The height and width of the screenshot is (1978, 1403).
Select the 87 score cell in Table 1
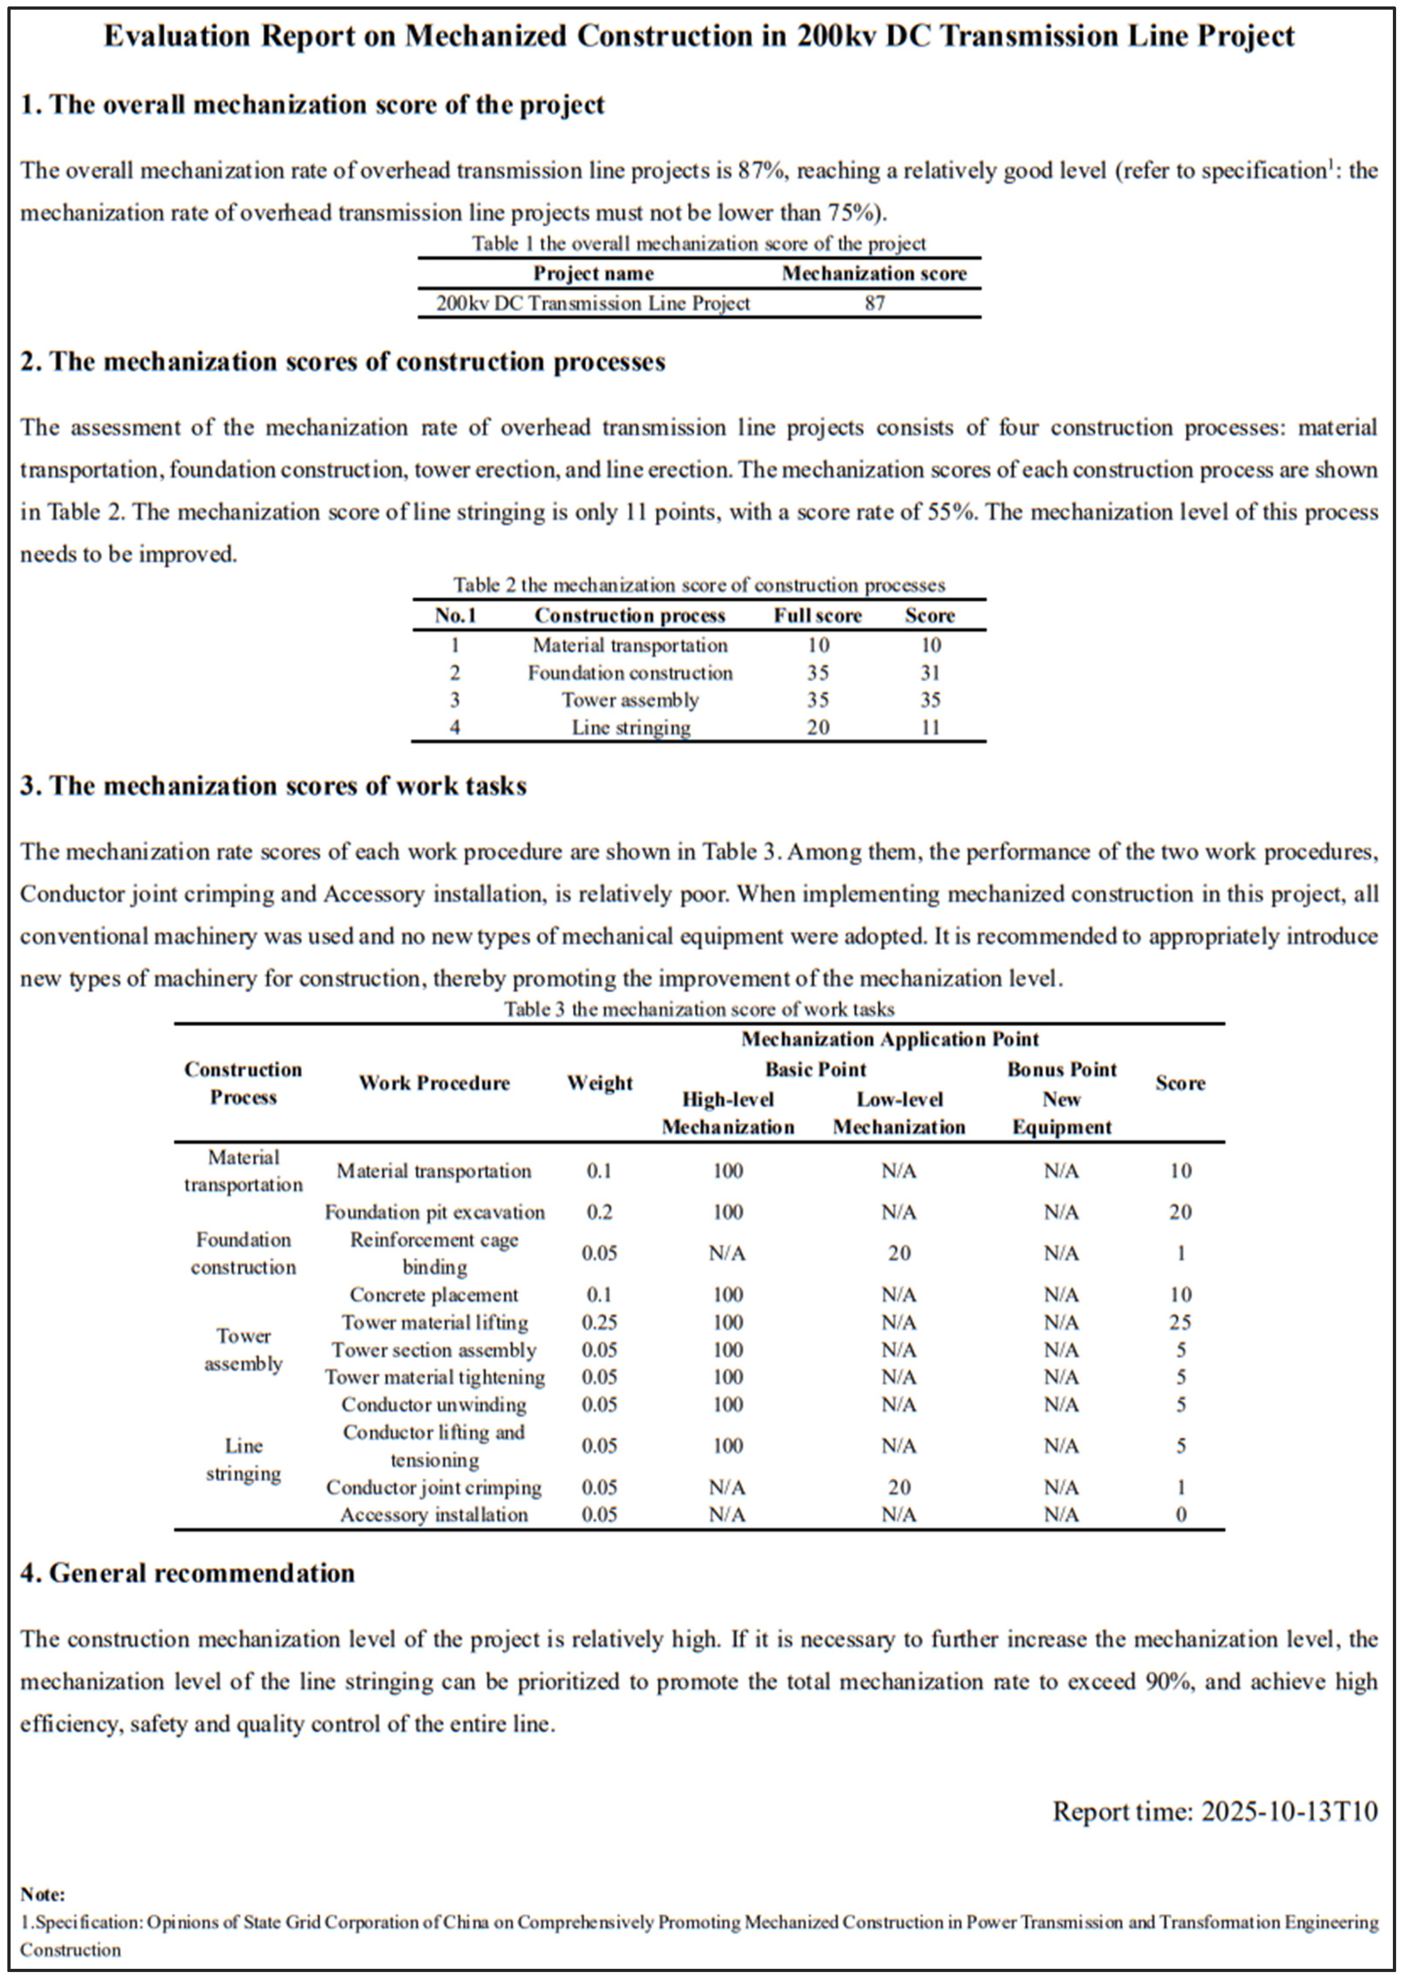click(x=874, y=303)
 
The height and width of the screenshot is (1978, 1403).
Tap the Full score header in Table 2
click(x=817, y=616)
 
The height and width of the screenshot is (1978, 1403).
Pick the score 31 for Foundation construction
click(x=930, y=673)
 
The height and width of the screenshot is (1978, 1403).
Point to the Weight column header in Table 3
click(x=599, y=1083)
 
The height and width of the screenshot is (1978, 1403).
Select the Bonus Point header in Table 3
click(x=1062, y=1069)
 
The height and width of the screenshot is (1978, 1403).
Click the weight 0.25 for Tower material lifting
click(x=599, y=1322)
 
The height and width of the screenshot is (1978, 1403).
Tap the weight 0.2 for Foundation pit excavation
click(x=599, y=1212)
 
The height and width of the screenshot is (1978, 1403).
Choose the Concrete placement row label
click(x=434, y=1295)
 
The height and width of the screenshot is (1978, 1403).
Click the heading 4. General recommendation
click(x=188, y=1573)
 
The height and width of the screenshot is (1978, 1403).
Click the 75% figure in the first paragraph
click(x=855, y=212)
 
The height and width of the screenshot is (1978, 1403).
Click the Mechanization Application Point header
click(x=890, y=1039)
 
